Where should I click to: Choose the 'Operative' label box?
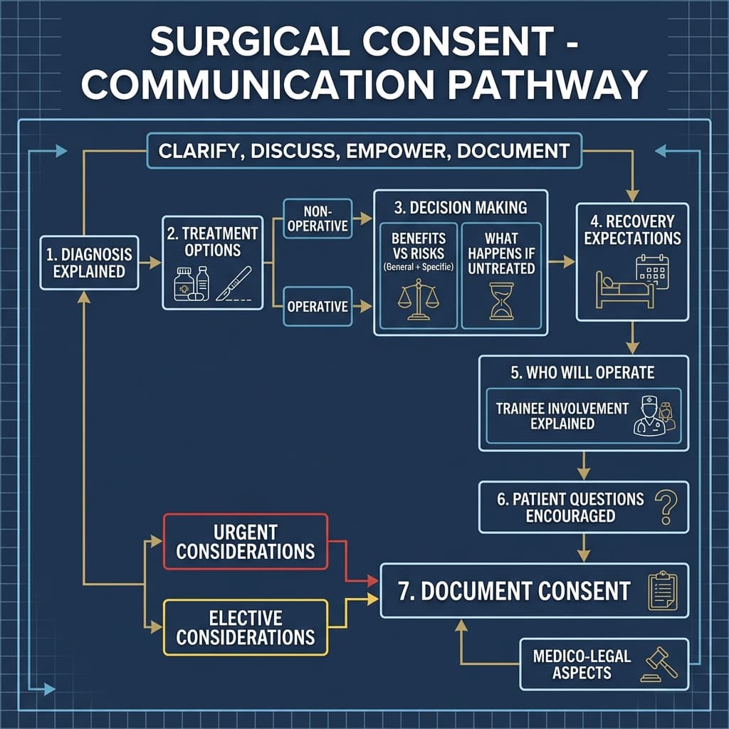tap(318, 307)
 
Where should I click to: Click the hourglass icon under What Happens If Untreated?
tap(500, 299)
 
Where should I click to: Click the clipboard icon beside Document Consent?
tap(662, 591)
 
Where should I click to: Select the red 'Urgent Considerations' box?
tap(246, 542)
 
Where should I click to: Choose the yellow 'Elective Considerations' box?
tap(246, 627)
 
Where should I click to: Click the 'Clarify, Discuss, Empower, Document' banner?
tap(364, 152)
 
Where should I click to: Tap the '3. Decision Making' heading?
tap(460, 208)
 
